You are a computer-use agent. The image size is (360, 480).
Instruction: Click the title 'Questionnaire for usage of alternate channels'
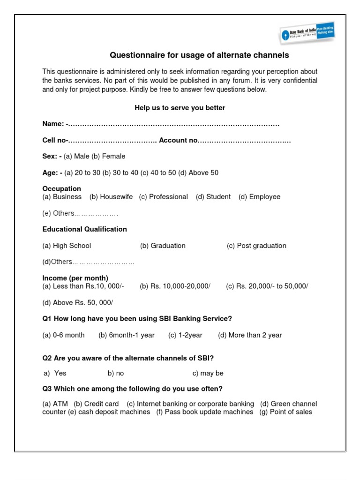[199, 55]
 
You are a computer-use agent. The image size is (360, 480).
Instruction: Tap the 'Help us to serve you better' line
[180, 108]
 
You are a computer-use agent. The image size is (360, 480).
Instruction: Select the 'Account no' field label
[179, 140]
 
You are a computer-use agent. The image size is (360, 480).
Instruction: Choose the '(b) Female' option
[108, 156]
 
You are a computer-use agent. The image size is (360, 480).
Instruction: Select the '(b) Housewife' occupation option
[111, 197]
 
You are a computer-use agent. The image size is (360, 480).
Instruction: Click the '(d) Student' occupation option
[213, 197]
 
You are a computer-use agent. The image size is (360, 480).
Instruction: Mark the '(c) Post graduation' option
[256, 246]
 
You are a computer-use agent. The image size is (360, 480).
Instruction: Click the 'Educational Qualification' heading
[84, 229]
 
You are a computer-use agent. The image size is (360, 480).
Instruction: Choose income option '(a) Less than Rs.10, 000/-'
[83, 286]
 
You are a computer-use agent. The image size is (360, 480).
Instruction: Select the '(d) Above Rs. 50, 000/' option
[78, 303]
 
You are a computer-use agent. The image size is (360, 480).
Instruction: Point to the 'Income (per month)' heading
[75, 278]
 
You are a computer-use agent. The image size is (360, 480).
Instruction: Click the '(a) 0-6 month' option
[63, 335]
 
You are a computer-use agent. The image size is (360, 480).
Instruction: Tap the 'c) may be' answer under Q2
[208, 374]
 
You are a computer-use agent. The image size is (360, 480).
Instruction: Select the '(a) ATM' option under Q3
[55, 404]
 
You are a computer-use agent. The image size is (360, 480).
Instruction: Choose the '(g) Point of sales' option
[285, 412]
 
